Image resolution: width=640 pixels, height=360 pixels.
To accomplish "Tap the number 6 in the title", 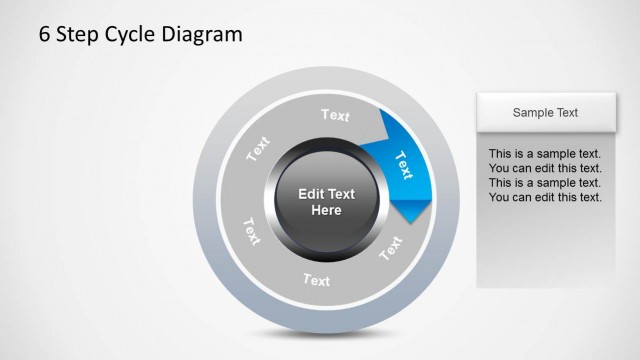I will (x=45, y=35).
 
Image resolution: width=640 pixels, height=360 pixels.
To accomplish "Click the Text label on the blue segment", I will (x=404, y=162).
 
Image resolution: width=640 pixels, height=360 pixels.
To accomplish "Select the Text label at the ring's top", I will (x=336, y=115).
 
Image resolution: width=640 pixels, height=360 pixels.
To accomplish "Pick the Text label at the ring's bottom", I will (x=316, y=280).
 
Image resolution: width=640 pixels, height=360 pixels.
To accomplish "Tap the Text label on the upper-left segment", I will (x=258, y=149).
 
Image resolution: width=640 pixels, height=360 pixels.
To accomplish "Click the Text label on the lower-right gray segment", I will (x=391, y=246).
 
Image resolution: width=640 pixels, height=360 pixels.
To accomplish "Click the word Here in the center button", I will (x=326, y=210).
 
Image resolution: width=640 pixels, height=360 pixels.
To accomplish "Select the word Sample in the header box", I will (x=531, y=113).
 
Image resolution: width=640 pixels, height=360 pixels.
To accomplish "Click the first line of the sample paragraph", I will (x=544, y=154).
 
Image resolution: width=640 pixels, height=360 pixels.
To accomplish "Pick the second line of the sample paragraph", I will (x=544, y=168).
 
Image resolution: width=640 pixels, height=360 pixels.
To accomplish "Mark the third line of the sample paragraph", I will (x=544, y=183).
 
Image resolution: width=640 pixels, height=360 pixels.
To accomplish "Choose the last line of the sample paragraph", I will (x=544, y=197).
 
